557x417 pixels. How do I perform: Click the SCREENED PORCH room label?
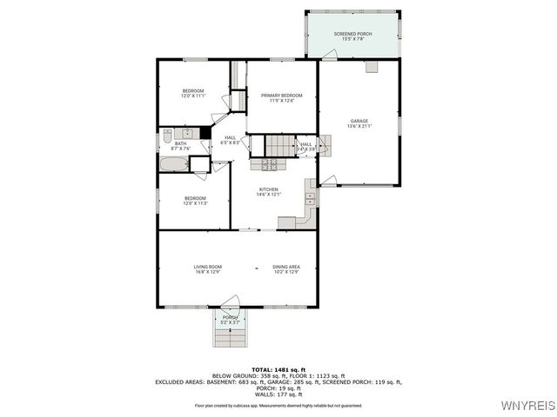(x=352, y=34)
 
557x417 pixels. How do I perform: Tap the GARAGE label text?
(x=359, y=121)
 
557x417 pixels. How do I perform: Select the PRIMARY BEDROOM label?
(x=282, y=96)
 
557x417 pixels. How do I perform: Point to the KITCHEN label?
(x=268, y=189)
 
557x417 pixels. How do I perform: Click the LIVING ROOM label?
(x=207, y=267)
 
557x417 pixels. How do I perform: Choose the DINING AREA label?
(x=286, y=267)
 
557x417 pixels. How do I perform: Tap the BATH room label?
(x=180, y=144)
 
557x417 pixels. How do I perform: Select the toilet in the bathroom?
(x=167, y=135)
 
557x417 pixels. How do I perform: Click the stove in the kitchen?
(x=268, y=163)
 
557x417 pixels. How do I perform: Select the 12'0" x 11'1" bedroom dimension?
(x=192, y=96)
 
